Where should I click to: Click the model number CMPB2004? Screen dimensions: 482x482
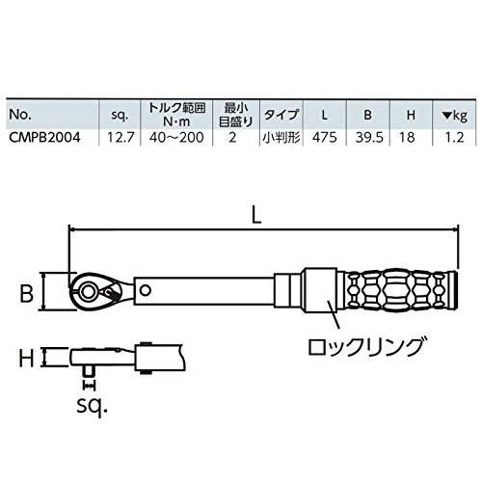point(44,138)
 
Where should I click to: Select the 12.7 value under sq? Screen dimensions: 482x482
point(120,138)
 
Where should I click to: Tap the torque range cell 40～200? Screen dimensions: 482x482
point(176,138)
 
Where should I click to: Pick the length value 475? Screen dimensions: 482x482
point(325,138)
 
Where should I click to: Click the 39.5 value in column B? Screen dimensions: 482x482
point(369,138)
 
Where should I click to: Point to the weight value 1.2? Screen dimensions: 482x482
point(455,138)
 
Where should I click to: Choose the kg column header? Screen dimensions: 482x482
point(454,116)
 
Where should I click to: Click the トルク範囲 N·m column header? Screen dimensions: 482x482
point(176,114)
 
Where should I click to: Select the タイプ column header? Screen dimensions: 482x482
point(281,115)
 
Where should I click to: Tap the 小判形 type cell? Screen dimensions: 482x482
point(281,138)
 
